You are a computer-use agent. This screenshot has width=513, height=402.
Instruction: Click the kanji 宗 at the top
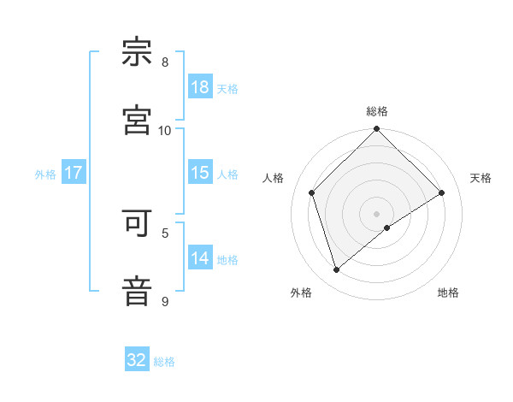138,52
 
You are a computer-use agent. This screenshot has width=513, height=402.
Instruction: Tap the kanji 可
138,223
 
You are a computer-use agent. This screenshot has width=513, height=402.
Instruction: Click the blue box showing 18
200,87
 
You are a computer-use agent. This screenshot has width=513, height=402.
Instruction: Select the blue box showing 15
200,173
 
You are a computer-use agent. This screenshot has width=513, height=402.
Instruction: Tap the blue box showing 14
200,258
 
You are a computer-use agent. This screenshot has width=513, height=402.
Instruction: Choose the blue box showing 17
74,173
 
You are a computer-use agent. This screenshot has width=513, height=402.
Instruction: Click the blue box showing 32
137,360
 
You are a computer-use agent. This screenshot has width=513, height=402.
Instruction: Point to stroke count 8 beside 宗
165,62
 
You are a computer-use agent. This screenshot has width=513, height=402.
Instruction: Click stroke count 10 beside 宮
165,130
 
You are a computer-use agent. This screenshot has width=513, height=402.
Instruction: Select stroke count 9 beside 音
165,301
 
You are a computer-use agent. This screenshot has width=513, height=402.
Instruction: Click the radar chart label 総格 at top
377,111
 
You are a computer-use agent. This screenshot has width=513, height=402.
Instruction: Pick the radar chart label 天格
481,178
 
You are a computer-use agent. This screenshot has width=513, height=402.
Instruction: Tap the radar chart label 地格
448,293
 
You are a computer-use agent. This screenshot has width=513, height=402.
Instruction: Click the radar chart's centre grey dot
377,213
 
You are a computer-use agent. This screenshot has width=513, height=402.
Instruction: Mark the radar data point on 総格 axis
377,131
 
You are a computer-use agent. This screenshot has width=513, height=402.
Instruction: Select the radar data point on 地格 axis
387,228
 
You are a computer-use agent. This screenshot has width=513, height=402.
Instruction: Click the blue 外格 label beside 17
45,174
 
